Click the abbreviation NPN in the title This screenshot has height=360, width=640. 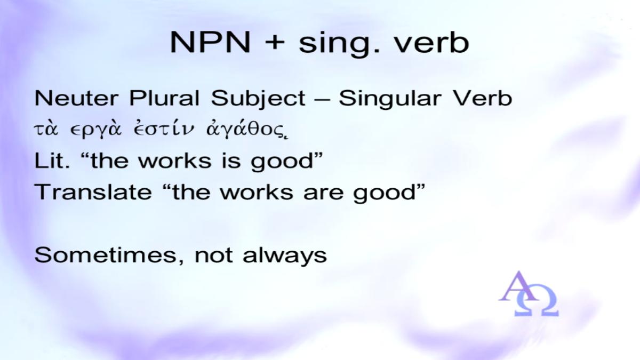[x=210, y=42]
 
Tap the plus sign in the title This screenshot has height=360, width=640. [x=275, y=43]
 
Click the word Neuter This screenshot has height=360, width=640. [x=76, y=98]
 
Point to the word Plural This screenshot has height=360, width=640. [x=164, y=98]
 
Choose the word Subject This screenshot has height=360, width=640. [x=258, y=99]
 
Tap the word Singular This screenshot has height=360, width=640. [x=390, y=99]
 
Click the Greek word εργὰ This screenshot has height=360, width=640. [x=95, y=130]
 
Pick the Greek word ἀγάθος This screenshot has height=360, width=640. [x=246, y=130]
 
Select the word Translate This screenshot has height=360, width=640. [x=93, y=191]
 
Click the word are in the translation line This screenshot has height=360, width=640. [x=323, y=193]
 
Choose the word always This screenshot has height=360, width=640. [x=285, y=256]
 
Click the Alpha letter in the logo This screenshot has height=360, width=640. [x=518, y=286]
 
